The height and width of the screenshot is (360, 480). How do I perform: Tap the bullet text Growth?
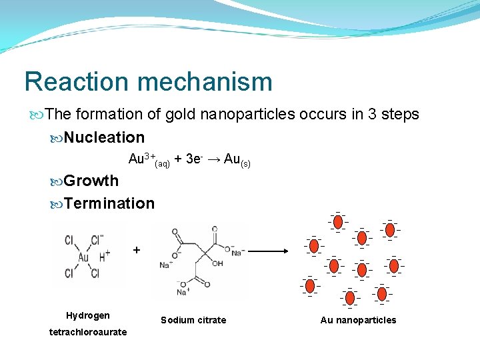[91, 181]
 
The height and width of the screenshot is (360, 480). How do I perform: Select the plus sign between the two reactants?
[137, 250]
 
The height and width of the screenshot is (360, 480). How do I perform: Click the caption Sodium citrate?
[193, 321]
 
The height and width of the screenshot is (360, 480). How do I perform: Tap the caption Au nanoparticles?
[358, 321]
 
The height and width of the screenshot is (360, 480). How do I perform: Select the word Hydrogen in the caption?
[87, 315]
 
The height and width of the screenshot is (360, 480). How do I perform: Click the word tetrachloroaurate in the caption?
[87, 332]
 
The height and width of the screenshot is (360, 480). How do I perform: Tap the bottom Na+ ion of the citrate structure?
[181, 292]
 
